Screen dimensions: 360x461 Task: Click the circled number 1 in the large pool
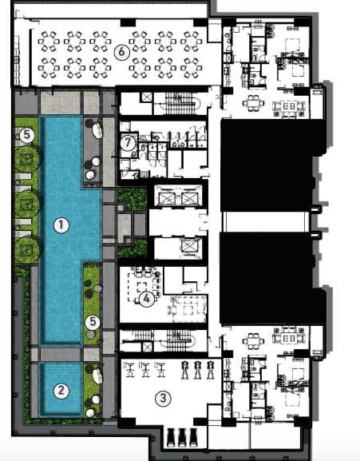click(61, 225)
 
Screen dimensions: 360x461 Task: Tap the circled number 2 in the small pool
click(61, 391)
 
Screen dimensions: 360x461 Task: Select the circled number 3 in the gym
click(163, 399)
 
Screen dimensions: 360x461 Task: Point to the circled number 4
click(146, 299)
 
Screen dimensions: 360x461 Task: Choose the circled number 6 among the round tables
click(121, 52)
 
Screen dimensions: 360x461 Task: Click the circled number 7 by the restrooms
click(128, 143)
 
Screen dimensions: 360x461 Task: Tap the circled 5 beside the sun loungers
click(27, 135)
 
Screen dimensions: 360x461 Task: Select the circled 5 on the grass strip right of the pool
click(93, 322)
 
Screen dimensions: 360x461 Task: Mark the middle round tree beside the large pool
click(26, 205)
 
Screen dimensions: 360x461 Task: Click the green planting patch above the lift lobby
click(133, 199)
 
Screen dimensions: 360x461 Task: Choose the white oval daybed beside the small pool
click(97, 376)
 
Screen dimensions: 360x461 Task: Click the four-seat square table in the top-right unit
click(253, 103)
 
